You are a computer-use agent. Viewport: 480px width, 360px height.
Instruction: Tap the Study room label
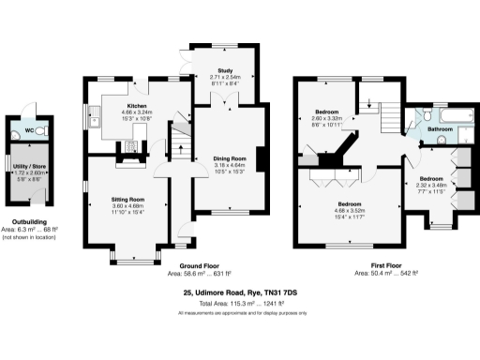pos(225,70)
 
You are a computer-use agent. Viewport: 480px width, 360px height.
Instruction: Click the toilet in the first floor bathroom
pos(427,113)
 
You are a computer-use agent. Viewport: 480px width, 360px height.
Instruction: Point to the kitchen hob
pos(132,145)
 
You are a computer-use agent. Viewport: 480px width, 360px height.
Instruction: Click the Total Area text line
pos(239,303)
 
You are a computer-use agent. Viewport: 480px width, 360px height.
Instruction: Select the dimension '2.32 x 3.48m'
pos(430,184)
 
